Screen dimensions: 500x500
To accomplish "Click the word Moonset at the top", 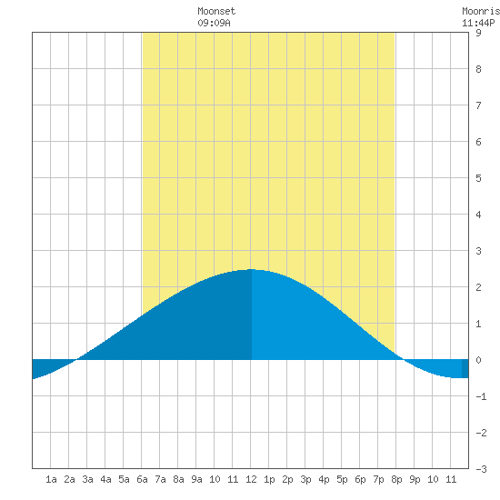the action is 216,11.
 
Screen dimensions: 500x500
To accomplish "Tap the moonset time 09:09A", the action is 214,23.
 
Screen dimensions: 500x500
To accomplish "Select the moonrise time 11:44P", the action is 478,23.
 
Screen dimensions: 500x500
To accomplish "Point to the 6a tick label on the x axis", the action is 142,479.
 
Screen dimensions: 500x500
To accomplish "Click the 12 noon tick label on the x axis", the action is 251,479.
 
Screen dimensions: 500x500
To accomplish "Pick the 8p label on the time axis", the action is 396,479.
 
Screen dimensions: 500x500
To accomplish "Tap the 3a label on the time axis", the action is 87,479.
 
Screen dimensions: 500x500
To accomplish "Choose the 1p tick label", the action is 269,479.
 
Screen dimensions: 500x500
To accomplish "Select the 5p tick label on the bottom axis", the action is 342,479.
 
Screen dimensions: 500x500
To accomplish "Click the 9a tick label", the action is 196,479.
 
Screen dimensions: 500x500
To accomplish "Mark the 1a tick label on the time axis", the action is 51,479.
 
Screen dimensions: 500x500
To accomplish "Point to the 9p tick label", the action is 415,479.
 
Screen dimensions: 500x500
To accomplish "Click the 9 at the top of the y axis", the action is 478,33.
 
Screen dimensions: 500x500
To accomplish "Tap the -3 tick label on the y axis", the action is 481,469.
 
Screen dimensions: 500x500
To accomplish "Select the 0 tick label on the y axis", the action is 478,360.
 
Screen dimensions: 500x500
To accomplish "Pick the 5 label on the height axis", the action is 478,178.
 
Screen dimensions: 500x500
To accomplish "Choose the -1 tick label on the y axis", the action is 481,396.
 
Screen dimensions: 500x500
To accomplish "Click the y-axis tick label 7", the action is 478,105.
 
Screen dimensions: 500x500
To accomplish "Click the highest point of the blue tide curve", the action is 251,269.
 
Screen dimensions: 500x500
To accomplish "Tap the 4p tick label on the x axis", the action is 324,479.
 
